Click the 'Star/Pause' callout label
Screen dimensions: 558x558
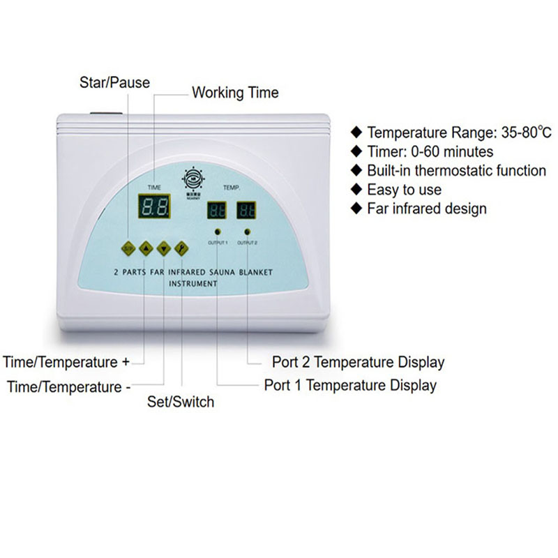point(114,82)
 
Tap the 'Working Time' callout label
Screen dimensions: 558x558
point(235,92)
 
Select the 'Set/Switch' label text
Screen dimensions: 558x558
point(181,402)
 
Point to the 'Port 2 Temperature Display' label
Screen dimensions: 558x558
point(357,362)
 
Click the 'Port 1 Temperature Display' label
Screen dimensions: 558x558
point(350,385)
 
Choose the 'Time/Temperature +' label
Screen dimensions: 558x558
point(66,362)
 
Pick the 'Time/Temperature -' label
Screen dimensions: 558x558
point(68,386)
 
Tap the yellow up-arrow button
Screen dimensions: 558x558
point(146,247)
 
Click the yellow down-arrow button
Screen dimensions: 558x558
point(163,247)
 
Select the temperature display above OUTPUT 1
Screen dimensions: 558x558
point(216,211)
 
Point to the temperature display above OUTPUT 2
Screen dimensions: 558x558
point(246,211)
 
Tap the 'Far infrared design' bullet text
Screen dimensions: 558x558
point(427,208)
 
